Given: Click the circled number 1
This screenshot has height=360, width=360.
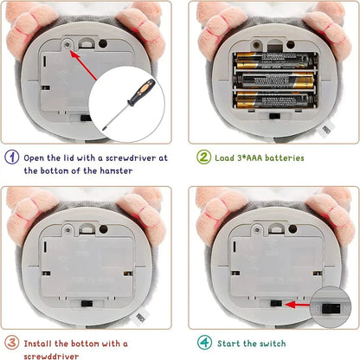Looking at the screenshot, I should pyautogui.click(x=12, y=157).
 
